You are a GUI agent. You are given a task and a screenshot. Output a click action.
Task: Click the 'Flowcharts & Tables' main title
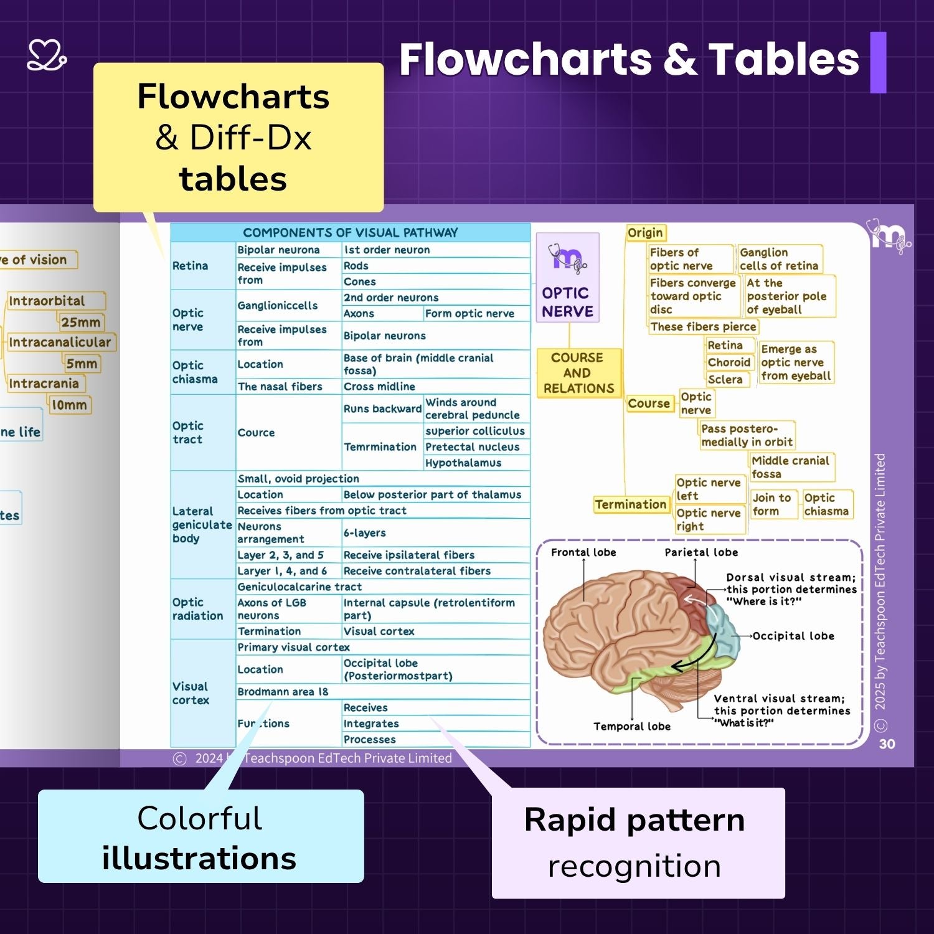629,60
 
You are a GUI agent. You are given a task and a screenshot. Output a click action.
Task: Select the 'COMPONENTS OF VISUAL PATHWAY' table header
350,233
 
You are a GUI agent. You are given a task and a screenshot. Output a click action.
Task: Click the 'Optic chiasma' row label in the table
195,372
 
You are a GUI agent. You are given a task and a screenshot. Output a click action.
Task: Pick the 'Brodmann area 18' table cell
283,692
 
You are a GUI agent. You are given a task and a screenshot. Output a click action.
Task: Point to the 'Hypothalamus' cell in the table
463,463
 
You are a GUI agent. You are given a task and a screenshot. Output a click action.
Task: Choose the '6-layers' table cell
365,533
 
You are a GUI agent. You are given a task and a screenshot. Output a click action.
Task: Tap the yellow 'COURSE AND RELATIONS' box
578,373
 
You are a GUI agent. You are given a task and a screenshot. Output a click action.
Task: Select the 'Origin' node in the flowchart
645,233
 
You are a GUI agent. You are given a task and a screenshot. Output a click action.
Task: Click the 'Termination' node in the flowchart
630,504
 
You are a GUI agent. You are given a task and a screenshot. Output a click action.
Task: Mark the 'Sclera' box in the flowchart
725,379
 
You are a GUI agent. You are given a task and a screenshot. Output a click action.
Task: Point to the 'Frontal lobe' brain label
583,552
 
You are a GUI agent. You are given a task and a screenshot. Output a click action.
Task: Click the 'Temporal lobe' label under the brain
632,726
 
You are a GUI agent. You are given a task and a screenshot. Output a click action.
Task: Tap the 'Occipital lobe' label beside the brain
793,636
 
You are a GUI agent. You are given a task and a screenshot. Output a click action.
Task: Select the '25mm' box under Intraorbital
81,322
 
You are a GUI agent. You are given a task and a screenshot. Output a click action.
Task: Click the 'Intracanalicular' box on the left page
60,342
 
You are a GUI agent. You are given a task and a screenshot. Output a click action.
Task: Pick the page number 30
887,743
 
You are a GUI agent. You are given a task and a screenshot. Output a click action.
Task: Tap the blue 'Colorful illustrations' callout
200,836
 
